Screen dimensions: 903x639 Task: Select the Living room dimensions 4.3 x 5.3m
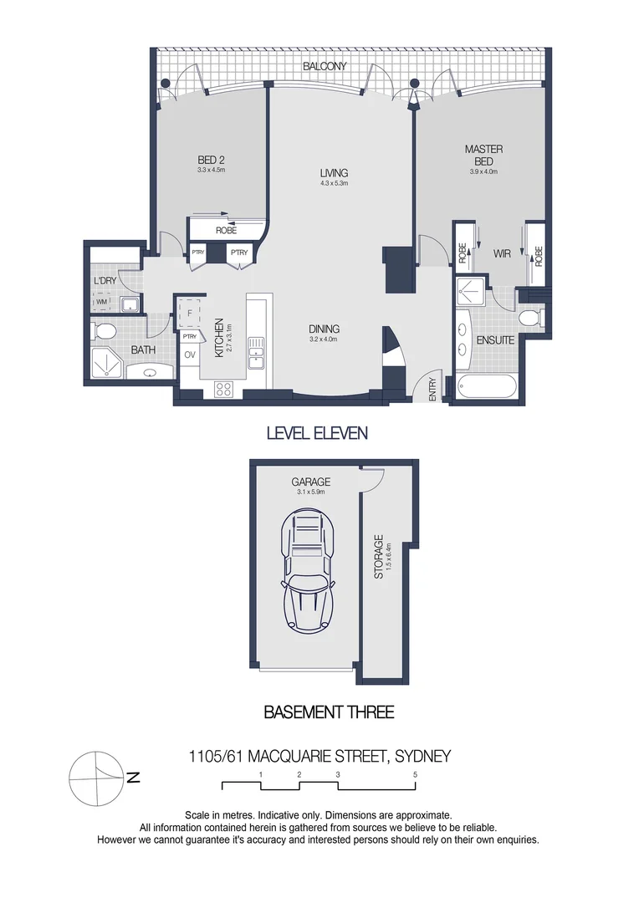(333, 183)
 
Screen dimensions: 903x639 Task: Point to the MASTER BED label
(483, 155)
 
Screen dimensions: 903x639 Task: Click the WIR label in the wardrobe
(501, 252)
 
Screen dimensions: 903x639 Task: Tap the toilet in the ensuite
(529, 318)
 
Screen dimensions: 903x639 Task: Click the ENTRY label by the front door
(432, 390)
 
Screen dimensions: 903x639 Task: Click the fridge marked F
(190, 313)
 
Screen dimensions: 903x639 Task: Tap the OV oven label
(190, 354)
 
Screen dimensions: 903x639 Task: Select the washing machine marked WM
(103, 302)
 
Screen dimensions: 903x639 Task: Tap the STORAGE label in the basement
(378, 558)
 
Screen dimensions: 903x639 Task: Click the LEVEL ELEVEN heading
(317, 433)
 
